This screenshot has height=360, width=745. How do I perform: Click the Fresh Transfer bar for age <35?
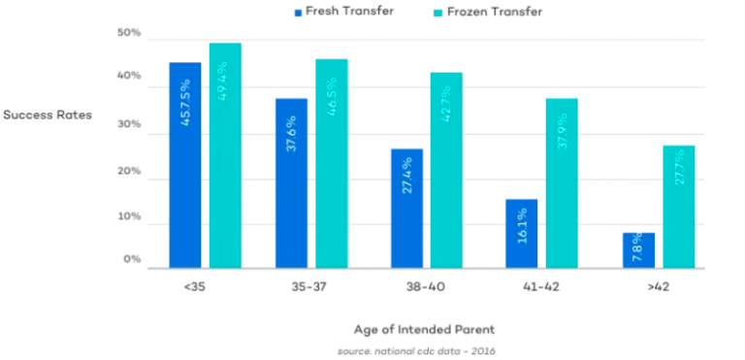(184, 165)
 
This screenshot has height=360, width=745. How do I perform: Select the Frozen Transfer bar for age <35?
(225, 155)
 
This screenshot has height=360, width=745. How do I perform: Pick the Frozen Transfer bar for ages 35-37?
(331, 163)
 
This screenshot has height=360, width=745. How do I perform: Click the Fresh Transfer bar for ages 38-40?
(406, 208)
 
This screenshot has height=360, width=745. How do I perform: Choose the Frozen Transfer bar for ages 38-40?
(446, 170)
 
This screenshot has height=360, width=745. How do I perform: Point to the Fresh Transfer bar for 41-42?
(521, 233)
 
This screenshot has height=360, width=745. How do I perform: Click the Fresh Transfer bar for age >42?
(638, 249)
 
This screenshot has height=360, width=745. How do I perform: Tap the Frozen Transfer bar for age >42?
(679, 207)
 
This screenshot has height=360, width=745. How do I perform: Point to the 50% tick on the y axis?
(129, 34)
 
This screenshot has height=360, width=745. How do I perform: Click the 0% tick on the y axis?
(132, 260)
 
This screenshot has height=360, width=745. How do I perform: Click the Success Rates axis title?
(47, 115)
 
